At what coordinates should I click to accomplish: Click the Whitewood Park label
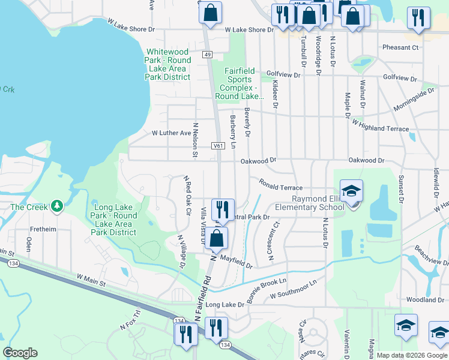pos(168,64)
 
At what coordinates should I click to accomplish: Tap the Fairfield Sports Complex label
pos(244,83)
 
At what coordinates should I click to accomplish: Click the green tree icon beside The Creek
pos(57,206)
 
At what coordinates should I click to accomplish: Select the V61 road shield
pos(218,146)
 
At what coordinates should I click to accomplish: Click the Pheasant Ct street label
pos(400,47)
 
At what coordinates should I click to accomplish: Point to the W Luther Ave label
pos(171,133)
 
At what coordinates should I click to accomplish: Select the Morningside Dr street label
pos(414,100)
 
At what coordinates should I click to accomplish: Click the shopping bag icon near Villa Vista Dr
pos(218,238)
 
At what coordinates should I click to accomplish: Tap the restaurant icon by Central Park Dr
pos(223,210)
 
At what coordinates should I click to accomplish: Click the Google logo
pos(20,353)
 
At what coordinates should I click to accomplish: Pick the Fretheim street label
pos(44,229)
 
